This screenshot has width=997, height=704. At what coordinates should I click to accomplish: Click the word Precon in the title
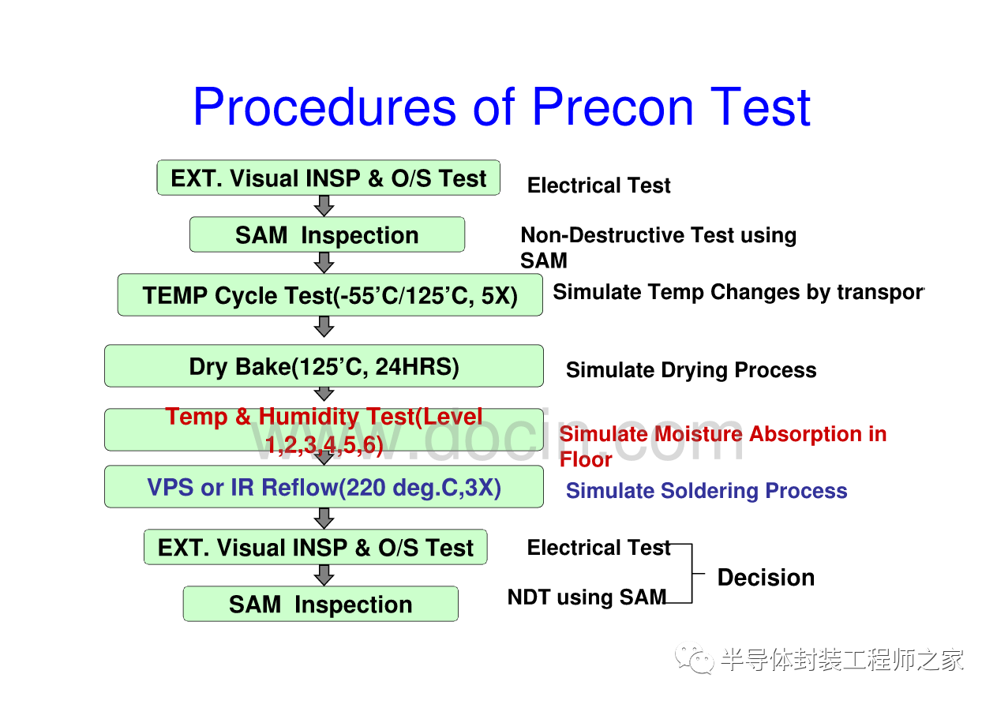click(613, 107)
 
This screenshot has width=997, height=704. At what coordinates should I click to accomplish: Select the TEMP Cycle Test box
click(330, 294)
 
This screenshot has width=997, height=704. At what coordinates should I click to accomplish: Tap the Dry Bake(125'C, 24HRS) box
click(324, 365)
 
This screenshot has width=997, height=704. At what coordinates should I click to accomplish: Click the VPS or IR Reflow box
click(324, 486)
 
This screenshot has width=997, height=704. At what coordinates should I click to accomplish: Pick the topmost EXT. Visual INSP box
click(328, 178)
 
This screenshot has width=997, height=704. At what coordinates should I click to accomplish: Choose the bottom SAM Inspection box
click(320, 604)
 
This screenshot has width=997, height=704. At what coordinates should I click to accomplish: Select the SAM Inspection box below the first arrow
click(327, 234)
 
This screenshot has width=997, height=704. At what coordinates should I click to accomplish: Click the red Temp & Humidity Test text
click(324, 430)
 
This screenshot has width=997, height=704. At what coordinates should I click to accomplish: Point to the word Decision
click(766, 577)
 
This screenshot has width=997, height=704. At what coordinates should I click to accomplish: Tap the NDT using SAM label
click(587, 597)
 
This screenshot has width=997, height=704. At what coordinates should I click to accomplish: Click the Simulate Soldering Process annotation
click(707, 490)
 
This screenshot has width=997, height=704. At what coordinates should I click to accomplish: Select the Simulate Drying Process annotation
click(692, 370)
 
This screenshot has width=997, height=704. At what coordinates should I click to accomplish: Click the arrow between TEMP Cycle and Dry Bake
click(324, 327)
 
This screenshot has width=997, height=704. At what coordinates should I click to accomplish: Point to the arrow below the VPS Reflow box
click(324, 519)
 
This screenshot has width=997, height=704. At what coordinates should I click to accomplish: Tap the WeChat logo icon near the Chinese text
click(695, 658)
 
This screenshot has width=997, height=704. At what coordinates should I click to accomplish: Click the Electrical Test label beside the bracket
click(598, 548)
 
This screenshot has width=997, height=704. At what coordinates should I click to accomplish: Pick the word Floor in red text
click(586, 459)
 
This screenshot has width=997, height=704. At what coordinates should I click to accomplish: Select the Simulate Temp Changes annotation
click(738, 292)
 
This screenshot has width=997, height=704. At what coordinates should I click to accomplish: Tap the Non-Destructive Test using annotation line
click(658, 235)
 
